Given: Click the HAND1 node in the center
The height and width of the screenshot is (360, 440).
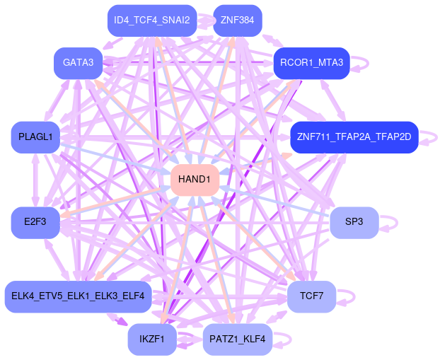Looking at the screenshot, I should point(195,180).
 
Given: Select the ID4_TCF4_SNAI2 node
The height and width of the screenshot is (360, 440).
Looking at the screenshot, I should point(152,21).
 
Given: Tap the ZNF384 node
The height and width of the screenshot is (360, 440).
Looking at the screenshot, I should point(237,21).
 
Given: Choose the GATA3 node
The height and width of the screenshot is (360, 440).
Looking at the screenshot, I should point(78,63).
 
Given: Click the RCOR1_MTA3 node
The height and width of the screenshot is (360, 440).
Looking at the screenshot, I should point(311,63).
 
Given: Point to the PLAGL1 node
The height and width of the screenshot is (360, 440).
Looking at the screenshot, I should point(35,137).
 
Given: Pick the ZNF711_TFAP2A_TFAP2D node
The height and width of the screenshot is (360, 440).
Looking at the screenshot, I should point(354,137).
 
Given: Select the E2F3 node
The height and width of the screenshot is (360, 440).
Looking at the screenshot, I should point(35,222).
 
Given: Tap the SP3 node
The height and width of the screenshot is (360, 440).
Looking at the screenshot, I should point(354,222).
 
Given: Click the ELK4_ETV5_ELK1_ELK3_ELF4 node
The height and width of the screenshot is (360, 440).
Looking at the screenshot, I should point(78,296).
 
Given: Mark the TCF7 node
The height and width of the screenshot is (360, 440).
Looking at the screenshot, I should point(311,296).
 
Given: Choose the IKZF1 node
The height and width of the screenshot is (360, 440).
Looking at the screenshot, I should point(152,339).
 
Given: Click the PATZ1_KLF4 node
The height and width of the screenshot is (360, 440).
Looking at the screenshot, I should point(237,339).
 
